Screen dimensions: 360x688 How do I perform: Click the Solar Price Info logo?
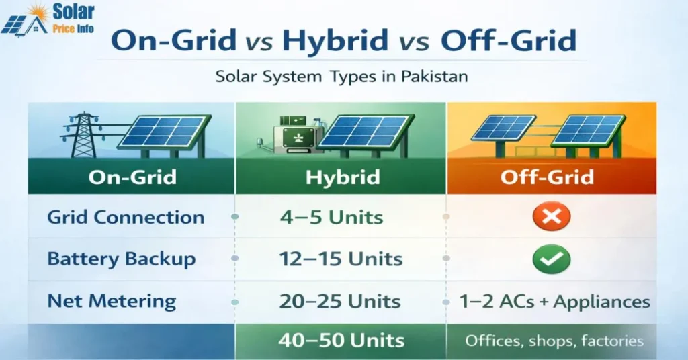tap(48, 20)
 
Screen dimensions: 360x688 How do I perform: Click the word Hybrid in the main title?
tap(337, 41)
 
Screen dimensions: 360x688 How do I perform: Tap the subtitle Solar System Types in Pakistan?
tap(341, 76)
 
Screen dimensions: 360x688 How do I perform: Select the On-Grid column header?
tap(132, 177)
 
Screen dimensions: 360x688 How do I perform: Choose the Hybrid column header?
tap(342, 177)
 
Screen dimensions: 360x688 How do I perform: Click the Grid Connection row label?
tap(126, 218)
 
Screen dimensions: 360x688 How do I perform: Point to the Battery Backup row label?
tap(121, 259)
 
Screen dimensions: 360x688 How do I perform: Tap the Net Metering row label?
tap(112, 301)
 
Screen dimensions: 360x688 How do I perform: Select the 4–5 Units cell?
tap(331, 218)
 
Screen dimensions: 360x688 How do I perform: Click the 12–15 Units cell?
tap(341, 259)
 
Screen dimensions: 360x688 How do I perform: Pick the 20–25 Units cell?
tap(341, 302)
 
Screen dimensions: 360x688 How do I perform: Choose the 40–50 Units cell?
tap(341, 340)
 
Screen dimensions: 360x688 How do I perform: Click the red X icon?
tap(552, 216)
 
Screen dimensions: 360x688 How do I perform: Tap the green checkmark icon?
tap(551, 259)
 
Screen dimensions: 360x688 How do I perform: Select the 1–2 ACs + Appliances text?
tap(554, 302)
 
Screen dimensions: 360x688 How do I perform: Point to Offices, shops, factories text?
tap(554, 341)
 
